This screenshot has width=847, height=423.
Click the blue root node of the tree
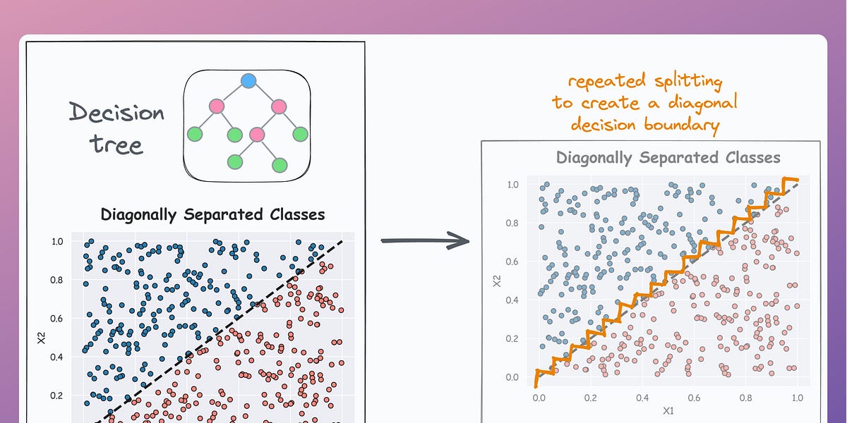247,81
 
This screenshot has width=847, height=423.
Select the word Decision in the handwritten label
117,113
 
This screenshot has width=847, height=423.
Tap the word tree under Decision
116,145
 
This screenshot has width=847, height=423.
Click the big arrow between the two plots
425,240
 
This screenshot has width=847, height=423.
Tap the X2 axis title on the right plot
498,281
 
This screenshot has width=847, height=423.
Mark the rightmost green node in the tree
300,133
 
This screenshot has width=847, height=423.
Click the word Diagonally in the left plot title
140,214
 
